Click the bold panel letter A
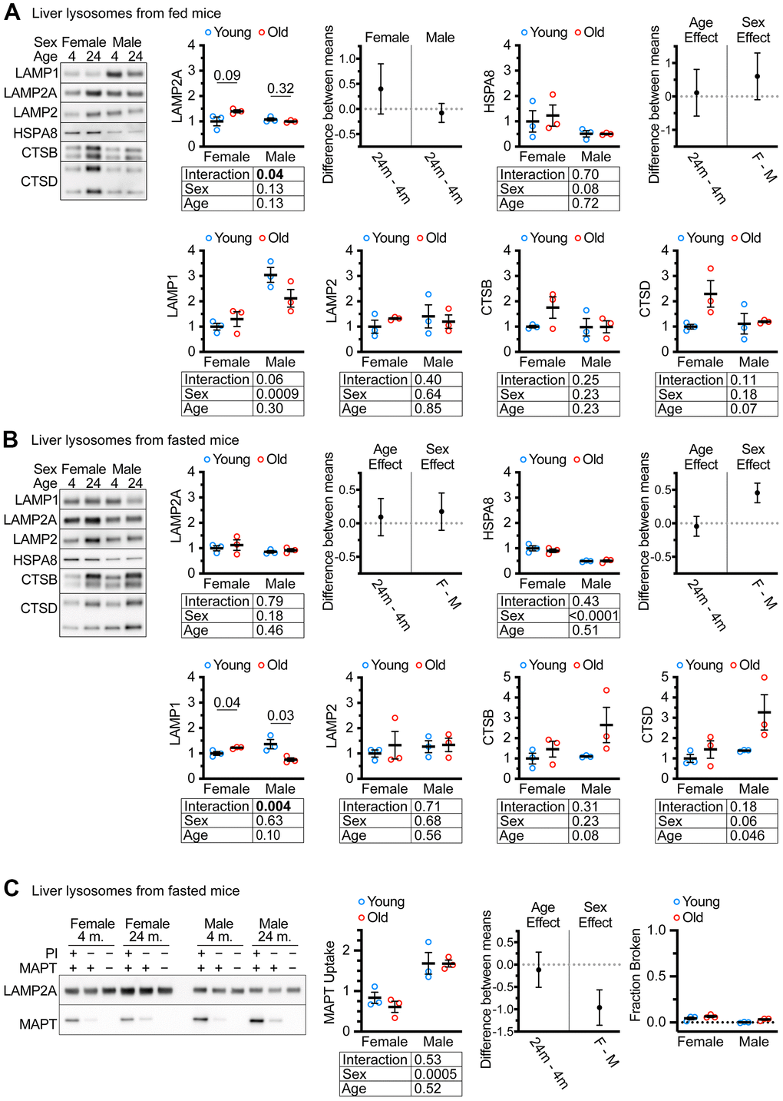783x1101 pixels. tap(12, 13)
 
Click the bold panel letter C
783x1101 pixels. tap(12, 889)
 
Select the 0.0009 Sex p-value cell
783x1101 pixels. tap(278, 394)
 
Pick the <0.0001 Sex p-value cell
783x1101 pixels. tap(594, 616)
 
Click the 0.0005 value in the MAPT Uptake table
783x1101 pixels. tap(435, 1074)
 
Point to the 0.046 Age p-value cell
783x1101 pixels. tap(747, 836)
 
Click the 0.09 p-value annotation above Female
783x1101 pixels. tap(226, 75)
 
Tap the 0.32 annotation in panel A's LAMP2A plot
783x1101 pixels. tap(280, 88)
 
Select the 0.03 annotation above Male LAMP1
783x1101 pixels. tap(280, 715)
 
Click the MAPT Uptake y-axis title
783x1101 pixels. tap(330, 983)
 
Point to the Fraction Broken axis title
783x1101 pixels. tap(636, 975)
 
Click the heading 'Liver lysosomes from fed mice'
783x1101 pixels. tap(126, 13)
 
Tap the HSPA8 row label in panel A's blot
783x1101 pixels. tap(35, 133)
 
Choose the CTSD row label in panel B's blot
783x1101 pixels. tap(39, 608)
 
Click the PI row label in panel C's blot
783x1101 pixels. tap(51, 953)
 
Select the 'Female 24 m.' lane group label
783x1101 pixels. tap(147, 930)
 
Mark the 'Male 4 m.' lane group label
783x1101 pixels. tap(219, 930)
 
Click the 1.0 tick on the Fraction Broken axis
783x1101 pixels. tap(656, 930)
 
